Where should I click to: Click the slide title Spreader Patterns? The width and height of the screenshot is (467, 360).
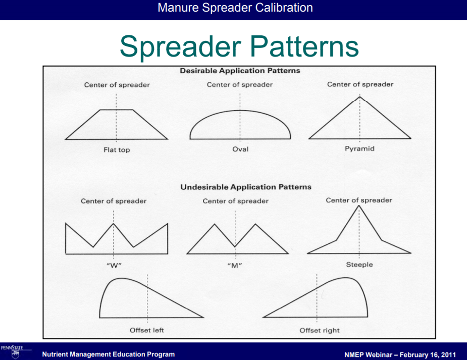[x=239, y=46]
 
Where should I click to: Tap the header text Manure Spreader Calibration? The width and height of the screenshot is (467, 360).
[x=235, y=8]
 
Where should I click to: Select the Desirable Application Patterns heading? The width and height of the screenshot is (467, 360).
[x=240, y=71]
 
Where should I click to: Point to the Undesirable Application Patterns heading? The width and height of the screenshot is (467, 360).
[x=246, y=187]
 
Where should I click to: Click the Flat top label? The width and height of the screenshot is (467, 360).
[x=117, y=150]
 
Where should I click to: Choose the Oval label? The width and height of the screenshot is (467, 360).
[x=240, y=149]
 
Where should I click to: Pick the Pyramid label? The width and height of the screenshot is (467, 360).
[x=359, y=148]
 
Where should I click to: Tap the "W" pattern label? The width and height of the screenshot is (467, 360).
[x=114, y=265]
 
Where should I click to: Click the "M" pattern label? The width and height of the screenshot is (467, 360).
[x=235, y=265]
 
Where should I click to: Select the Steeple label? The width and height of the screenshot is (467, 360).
[x=359, y=265]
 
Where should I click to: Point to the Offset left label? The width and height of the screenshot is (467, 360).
[x=146, y=330]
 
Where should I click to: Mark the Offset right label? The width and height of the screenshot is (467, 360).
[x=319, y=330]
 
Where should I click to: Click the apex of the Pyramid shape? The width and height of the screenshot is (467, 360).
[x=360, y=96]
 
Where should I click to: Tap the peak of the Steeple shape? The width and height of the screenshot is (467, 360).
[x=359, y=205]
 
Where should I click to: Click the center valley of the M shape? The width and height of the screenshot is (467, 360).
[x=235, y=246]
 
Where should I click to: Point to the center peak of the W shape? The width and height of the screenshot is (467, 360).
[x=114, y=224]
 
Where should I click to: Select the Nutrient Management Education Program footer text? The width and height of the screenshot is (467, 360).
[x=109, y=354]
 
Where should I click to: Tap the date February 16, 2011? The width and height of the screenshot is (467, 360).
[x=428, y=354]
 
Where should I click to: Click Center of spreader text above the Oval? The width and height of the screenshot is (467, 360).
[x=240, y=84]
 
